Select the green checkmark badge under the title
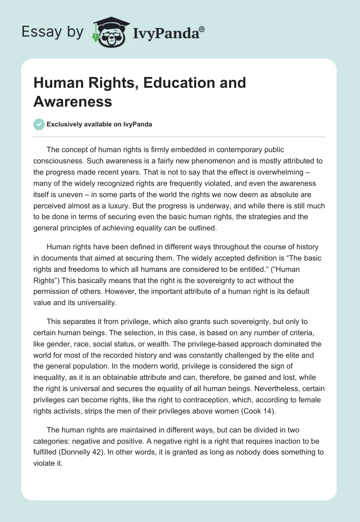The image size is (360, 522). (x=39, y=124)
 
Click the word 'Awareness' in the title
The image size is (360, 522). (x=72, y=102)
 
